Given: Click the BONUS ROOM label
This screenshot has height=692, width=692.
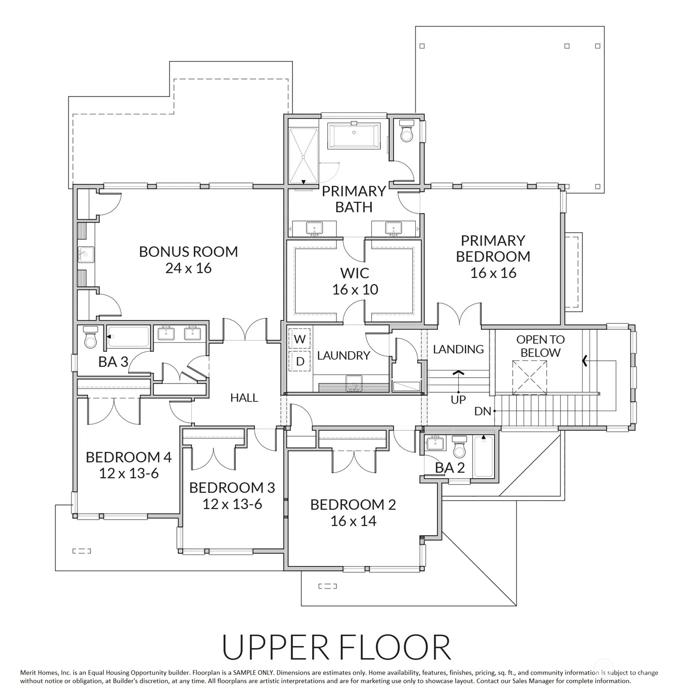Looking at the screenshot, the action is [x=188, y=252].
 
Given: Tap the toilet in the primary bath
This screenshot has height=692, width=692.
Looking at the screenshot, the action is [x=407, y=131].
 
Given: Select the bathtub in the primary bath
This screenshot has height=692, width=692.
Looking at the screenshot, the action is [x=354, y=135].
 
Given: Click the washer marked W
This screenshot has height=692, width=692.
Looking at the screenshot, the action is [x=299, y=339].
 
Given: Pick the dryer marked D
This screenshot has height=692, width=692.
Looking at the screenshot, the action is [x=299, y=361].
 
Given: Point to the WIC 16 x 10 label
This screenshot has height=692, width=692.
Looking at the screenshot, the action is [x=355, y=281].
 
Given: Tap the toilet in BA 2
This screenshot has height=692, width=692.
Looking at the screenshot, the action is [x=459, y=446].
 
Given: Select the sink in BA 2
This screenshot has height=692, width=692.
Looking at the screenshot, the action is [x=435, y=443].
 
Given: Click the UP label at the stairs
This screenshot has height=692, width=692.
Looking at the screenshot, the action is [x=458, y=400].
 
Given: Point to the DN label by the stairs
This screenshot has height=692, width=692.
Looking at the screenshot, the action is [x=482, y=411].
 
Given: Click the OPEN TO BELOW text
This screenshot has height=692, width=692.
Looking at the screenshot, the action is [x=540, y=346].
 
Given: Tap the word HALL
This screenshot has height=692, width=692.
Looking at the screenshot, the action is [x=244, y=398].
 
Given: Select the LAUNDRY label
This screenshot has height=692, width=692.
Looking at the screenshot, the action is [x=343, y=356].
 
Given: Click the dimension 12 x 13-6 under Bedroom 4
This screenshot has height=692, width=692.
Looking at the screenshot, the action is [x=128, y=473].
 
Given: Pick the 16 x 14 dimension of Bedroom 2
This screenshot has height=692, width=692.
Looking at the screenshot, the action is [x=353, y=521].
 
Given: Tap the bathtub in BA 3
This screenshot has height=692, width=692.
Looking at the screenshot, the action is [x=128, y=337].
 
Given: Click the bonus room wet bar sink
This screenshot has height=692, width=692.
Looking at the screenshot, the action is [x=86, y=255].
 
